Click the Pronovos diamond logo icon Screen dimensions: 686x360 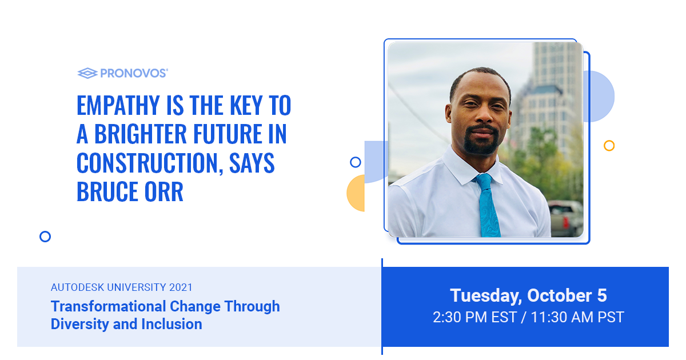[x=87, y=73]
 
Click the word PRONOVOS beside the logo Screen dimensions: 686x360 [x=134, y=73]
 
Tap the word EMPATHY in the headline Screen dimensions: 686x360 [x=118, y=105]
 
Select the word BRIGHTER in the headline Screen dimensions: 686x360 [x=140, y=134]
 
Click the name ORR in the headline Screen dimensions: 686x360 [x=163, y=191]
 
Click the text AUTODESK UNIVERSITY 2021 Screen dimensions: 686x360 [x=122, y=287]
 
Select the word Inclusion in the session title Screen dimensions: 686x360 [x=172, y=324]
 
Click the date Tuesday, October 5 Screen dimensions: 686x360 [x=528, y=296]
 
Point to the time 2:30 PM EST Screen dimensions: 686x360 [x=474, y=317]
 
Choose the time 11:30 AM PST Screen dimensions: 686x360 [x=577, y=317]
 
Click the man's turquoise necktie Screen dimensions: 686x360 [x=488, y=205]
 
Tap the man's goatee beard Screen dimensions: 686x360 [x=481, y=141]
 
